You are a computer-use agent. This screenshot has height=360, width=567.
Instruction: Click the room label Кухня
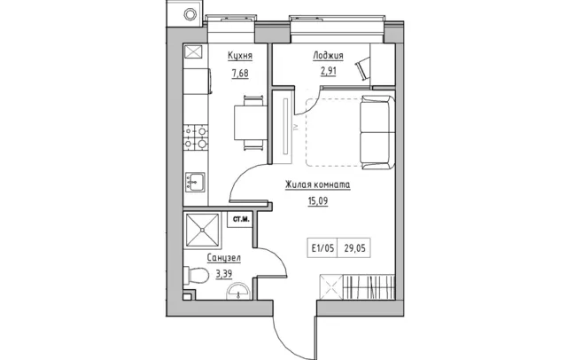(x=240, y=56)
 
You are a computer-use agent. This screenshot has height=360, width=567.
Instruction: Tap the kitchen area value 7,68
(x=240, y=74)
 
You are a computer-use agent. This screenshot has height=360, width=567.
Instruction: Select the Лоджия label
(x=328, y=56)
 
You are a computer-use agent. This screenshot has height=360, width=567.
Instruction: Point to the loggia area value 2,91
(x=328, y=71)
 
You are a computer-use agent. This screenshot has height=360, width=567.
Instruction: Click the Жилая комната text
(x=318, y=184)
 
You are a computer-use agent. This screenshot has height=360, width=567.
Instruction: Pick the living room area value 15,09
(x=318, y=200)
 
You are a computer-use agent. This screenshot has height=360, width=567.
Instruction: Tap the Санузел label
(x=224, y=258)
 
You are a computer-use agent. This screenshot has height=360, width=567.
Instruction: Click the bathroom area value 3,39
(x=224, y=274)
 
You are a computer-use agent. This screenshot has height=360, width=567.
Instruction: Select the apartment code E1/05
(x=322, y=248)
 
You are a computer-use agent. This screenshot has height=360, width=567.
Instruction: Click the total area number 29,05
(x=354, y=248)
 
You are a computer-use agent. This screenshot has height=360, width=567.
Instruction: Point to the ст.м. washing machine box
(x=240, y=219)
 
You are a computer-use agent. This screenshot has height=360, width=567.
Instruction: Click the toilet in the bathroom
(x=196, y=276)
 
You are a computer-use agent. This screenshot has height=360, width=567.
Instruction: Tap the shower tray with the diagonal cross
(x=203, y=231)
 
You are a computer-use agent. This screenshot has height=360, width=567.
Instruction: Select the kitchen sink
(x=195, y=182)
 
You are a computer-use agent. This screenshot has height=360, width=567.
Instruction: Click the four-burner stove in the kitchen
(x=196, y=137)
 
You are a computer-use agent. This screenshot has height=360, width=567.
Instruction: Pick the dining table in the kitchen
(x=251, y=122)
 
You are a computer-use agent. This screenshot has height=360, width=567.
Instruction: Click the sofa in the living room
(x=377, y=132)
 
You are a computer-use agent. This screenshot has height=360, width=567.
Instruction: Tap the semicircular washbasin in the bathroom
(x=238, y=291)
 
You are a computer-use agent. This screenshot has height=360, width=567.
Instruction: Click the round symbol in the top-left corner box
(x=190, y=14)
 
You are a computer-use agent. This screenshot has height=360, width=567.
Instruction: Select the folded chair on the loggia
(x=363, y=68)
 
